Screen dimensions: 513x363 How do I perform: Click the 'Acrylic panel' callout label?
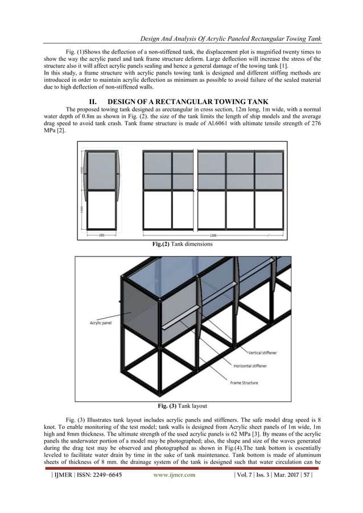pyautogui.click(x=100, y=322)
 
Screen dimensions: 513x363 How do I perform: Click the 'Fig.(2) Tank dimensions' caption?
pyautogui.click(x=181, y=245)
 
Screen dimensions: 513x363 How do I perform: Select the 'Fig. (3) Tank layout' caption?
pyautogui.click(x=181, y=406)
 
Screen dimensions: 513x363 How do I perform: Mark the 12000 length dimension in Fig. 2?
pyautogui.click(x=212, y=234)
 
